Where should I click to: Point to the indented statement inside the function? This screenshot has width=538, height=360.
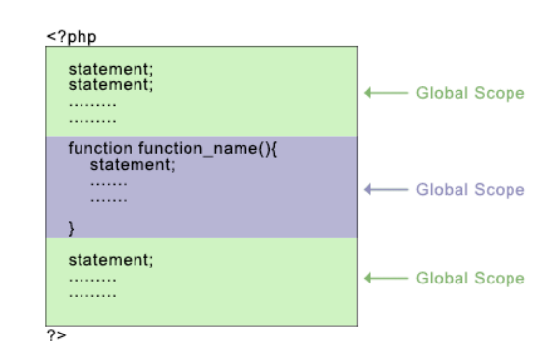127,164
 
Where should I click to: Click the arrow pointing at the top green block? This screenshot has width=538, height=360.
385,94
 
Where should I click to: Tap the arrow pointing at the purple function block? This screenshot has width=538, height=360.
385,189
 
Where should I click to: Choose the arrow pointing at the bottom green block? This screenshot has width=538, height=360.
385,278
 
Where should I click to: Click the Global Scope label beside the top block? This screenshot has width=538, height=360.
470,94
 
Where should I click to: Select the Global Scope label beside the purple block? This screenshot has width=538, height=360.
470,189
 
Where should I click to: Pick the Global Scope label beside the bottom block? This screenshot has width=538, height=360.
470,278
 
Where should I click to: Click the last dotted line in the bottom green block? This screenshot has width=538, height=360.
91,293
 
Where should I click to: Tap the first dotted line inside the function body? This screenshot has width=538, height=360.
109,181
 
